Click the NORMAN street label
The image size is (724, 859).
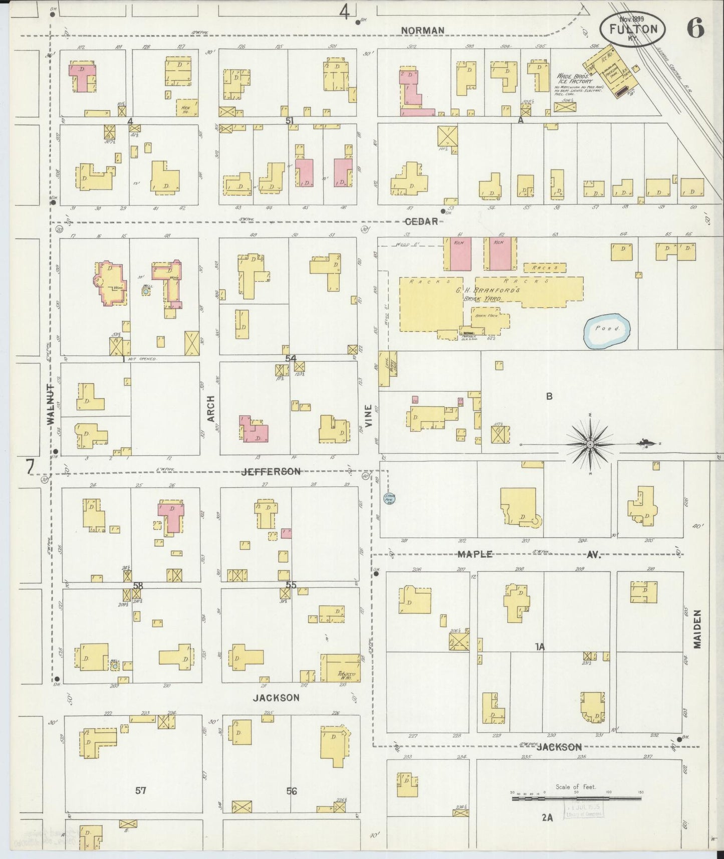coord(423,31)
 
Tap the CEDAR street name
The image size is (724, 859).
coord(421,222)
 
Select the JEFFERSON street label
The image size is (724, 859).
coord(271,472)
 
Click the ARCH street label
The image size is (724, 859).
coord(211,408)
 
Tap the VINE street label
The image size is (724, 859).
coord(369,415)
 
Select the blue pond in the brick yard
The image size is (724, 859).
coord(607,330)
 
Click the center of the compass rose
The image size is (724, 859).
coord(590,444)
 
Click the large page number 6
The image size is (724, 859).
coord(695,28)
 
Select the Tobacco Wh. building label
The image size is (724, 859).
coord(346,675)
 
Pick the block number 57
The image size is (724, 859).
coord(141,790)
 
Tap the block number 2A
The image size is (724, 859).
coord(547,817)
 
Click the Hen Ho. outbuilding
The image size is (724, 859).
coord(186,107)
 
